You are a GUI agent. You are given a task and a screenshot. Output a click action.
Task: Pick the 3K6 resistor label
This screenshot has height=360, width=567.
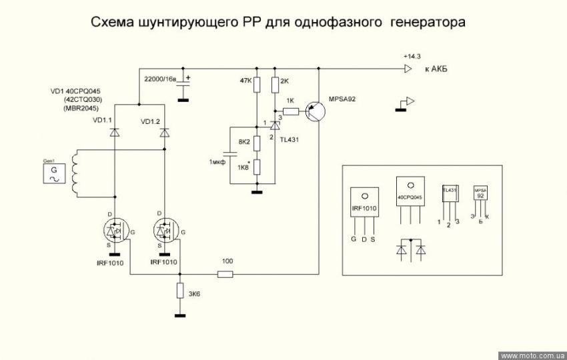click(194, 293)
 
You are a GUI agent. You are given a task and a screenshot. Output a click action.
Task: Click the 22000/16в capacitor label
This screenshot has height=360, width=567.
click(160, 79)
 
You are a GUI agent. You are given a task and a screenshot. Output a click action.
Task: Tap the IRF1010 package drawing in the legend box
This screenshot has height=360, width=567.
click(364, 207)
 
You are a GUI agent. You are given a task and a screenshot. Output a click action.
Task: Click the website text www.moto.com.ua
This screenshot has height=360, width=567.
click(532, 355)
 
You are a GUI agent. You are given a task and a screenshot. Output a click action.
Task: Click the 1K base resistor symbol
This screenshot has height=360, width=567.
click(290, 111)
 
